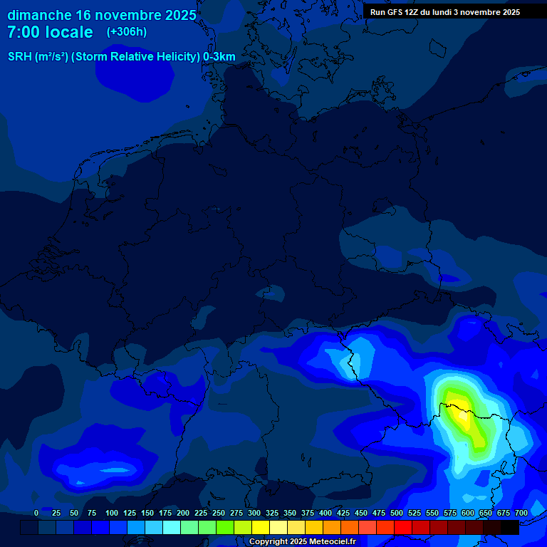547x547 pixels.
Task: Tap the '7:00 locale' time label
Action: coord(50,32)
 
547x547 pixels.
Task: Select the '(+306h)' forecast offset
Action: coord(127,32)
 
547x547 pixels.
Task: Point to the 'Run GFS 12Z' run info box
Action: coord(445,12)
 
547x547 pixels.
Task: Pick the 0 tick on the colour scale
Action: coord(36,513)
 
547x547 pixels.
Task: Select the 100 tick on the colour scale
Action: coord(112,513)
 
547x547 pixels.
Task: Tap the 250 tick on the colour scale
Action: coord(219,513)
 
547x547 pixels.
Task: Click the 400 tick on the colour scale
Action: coord(325,513)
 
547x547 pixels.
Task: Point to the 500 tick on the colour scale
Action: coord(397,513)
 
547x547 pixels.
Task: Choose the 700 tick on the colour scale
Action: coord(521,513)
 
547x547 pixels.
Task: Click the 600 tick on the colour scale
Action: coord(468,513)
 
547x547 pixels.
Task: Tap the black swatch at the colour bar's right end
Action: coord(510,527)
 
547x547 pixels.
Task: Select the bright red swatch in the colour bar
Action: coord(403,527)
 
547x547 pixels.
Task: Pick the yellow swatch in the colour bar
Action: coord(261,527)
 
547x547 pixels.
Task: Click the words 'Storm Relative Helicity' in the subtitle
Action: coord(135,57)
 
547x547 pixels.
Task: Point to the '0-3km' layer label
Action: coord(219,57)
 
